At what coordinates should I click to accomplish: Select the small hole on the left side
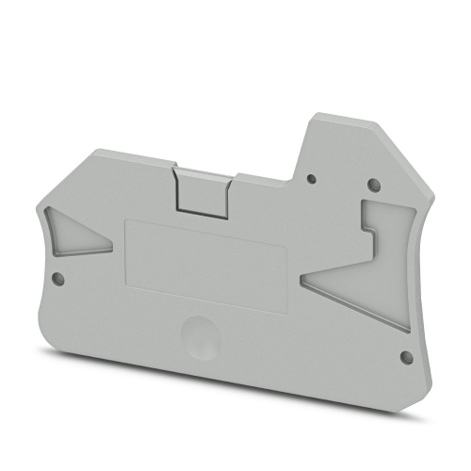point(57,278)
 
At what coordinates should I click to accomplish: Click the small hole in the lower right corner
point(406,357)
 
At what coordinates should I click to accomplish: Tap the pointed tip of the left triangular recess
point(113,247)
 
